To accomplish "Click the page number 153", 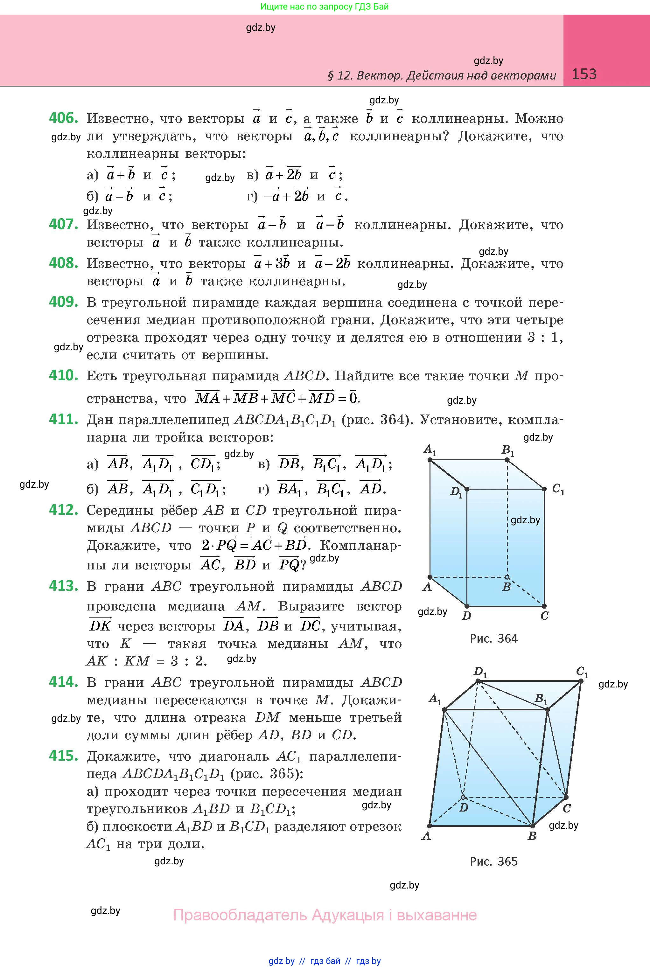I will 584,74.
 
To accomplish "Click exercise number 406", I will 63,118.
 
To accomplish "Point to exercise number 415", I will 63,756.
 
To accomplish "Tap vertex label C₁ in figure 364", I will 558,490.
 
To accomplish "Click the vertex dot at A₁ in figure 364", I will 430,460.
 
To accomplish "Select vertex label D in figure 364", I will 466,616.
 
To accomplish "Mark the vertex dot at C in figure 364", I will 544,606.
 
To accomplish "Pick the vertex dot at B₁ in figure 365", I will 547,710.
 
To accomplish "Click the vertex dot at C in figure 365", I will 566,797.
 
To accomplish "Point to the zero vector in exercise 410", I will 353,398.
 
